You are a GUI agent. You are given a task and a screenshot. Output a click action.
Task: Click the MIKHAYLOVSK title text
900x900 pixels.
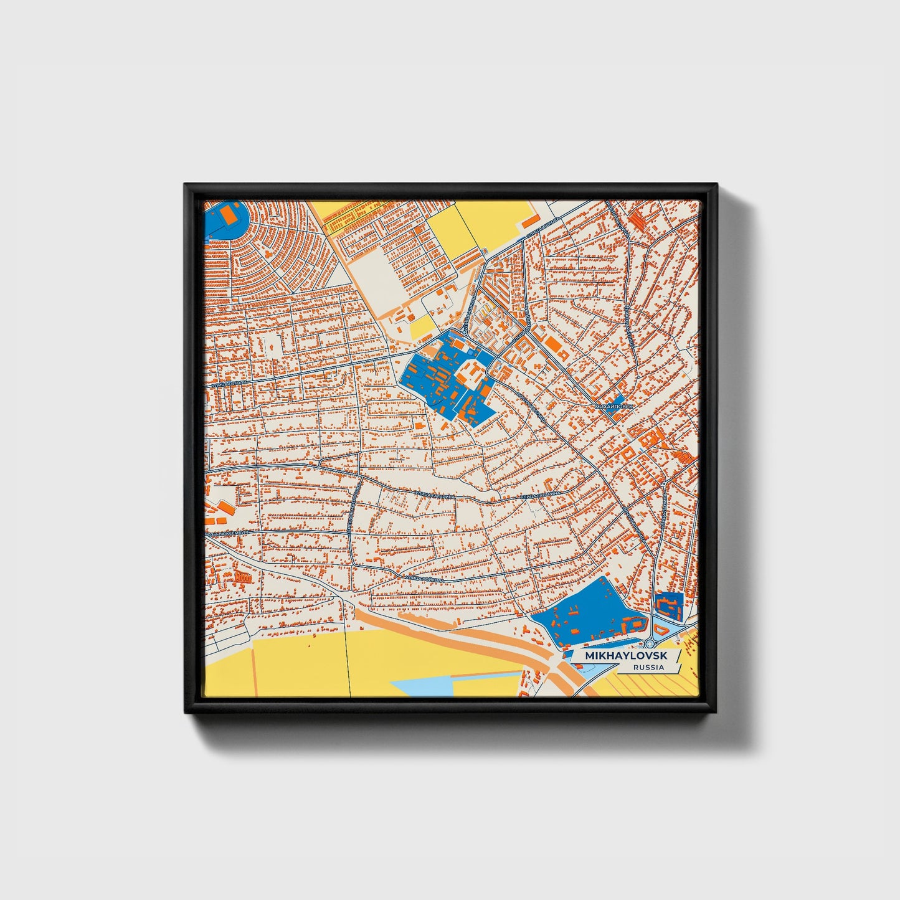(x=625, y=656)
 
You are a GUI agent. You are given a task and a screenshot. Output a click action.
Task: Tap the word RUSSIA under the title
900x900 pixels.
(x=648, y=667)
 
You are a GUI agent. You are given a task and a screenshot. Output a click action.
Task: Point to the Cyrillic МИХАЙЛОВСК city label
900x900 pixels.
(x=615, y=406)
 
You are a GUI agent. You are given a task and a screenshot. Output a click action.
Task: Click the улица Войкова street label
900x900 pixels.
(x=426, y=579)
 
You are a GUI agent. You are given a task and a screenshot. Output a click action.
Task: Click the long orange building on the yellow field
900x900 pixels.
(x=531, y=221)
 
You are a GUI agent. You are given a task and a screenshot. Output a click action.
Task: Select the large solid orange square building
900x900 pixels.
(x=552, y=343)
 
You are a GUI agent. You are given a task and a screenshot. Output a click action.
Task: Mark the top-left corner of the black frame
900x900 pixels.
(x=185, y=184)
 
